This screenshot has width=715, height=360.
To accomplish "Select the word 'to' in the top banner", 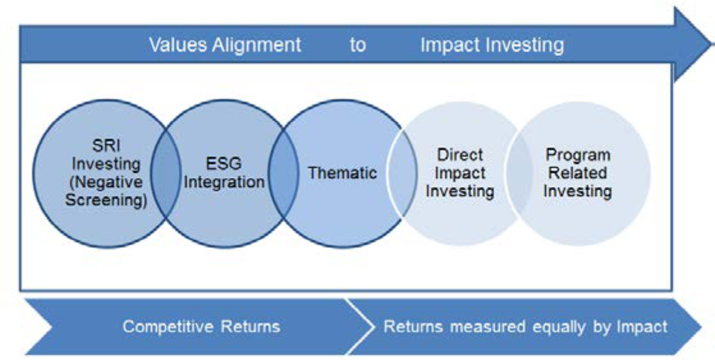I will [x=357, y=45].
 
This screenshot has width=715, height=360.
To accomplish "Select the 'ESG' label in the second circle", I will [x=224, y=163].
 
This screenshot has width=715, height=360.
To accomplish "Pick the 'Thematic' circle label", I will [x=342, y=173].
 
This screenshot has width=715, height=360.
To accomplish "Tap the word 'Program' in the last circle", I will [x=578, y=155].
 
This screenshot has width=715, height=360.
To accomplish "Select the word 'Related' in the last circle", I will [x=578, y=173].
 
